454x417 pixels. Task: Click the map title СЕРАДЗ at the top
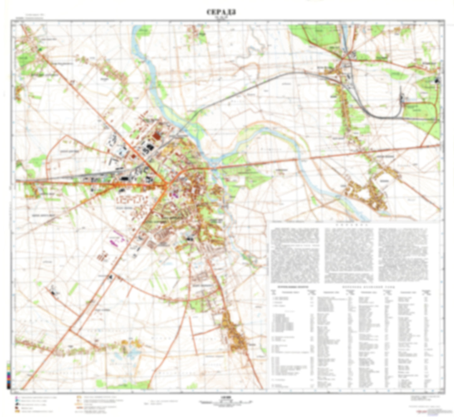click(221, 12)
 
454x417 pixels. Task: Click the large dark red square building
click(156, 136)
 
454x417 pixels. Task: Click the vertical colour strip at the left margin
click(8, 375)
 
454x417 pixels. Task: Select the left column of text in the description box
click(295, 255)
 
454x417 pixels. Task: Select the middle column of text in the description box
click(349, 255)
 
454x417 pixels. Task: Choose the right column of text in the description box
click(403, 255)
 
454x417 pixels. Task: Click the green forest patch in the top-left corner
click(24, 60)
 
